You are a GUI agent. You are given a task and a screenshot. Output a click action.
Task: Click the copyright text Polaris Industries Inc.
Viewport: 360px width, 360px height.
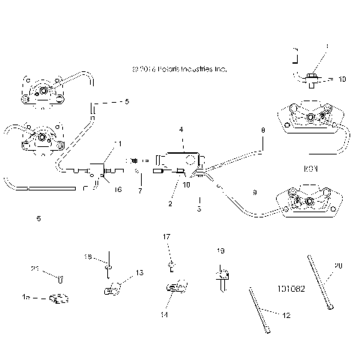pos(178,69)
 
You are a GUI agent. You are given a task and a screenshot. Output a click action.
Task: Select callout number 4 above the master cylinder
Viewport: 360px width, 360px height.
pos(181,130)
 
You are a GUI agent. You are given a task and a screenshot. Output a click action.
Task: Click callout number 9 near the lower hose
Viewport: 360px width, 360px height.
pos(254,193)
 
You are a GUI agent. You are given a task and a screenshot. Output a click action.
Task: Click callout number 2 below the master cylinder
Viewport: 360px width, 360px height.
pos(170,203)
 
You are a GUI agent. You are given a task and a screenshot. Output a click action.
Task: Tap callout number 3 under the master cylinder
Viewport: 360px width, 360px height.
pos(199,209)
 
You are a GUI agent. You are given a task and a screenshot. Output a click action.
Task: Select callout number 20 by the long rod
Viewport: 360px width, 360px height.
pos(338,265)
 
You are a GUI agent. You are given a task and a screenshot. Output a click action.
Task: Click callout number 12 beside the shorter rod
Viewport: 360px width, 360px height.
pos(265,317)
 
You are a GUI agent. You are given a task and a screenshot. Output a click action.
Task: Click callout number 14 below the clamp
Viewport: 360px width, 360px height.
pos(163,316)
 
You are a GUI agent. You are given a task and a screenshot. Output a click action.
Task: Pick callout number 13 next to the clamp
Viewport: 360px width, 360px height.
pos(139,272)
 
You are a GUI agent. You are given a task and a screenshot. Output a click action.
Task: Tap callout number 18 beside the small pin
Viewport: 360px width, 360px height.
pos(88,257)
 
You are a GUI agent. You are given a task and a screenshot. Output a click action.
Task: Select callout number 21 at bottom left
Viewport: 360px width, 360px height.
pos(34,270)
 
